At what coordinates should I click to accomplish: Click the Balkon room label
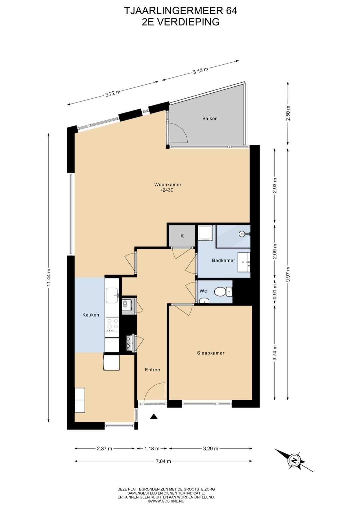point(210,118)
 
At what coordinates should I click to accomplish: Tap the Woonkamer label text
point(168,184)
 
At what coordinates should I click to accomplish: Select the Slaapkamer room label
point(211,353)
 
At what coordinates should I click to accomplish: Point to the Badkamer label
point(223,261)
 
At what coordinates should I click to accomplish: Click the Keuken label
point(91,315)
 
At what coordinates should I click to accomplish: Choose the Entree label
point(152,370)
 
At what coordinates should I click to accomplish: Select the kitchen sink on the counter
point(112,296)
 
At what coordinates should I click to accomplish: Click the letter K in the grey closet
point(182,236)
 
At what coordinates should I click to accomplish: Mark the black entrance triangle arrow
point(154,416)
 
